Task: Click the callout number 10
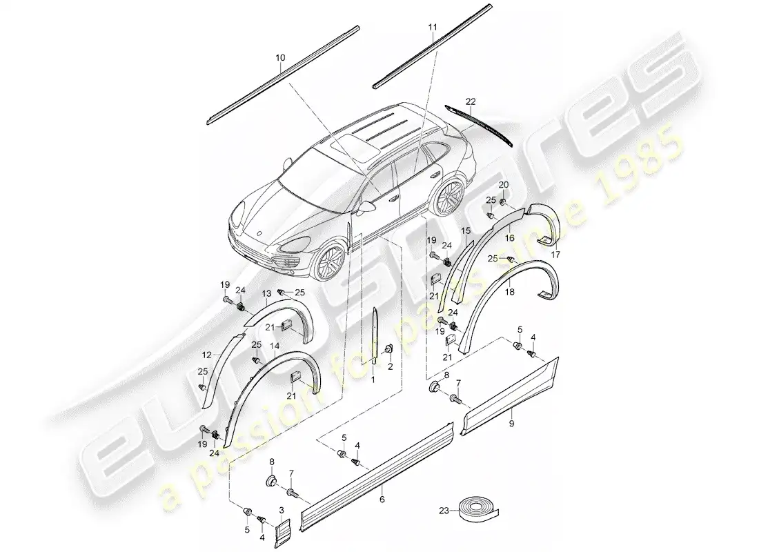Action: (x=280, y=59)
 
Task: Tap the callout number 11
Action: (x=433, y=28)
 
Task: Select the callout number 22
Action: (x=471, y=101)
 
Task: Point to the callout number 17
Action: (x=555, y=255)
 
